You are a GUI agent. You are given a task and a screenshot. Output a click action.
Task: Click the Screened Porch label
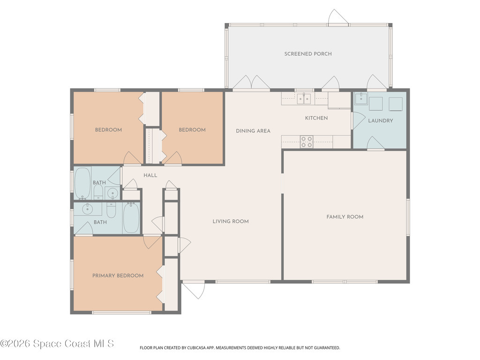[307, 54]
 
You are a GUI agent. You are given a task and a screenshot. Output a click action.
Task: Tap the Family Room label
[345, 217]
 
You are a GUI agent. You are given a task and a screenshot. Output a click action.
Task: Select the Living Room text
[231, 221]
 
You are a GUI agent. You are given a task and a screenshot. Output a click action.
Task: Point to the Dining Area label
[253, 131]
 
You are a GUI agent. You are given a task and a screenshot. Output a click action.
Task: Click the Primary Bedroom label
[118, 276]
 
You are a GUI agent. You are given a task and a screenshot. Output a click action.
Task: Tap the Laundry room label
[381, 120]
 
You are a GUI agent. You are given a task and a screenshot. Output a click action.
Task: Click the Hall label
[150, 175]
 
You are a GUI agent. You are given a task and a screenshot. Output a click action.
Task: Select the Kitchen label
[316, 118]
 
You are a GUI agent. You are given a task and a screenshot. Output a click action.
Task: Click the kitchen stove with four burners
[307, 142]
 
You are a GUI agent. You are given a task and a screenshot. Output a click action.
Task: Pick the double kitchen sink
[304, 98]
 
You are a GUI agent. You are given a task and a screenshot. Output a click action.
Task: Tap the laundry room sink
[361, 98]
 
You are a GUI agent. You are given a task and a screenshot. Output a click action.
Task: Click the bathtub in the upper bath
[82, 183]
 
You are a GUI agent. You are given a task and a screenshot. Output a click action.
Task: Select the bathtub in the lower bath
[131, 217]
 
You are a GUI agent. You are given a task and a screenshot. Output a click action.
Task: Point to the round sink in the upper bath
[112, 194]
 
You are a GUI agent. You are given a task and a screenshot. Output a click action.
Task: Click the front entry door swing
[193, 290]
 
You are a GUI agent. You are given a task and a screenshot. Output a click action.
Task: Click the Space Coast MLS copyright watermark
[57, 344]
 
